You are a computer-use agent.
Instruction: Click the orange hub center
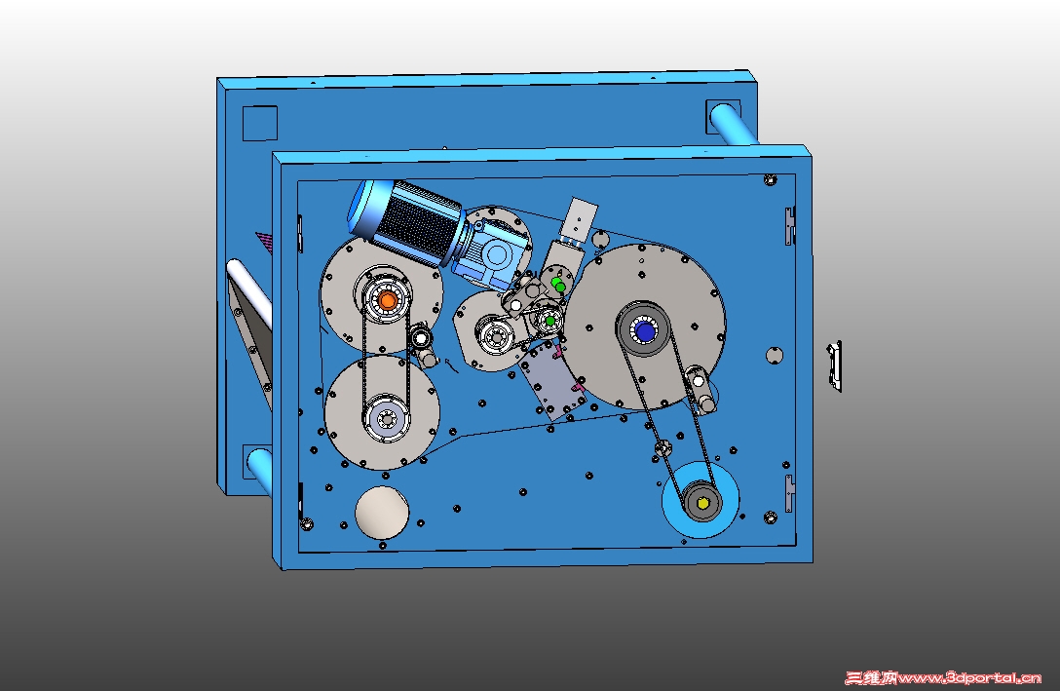[x=388, y=301]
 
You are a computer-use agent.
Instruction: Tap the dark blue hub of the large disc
[x=644, y=331]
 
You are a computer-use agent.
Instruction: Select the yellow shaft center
[x=703, y=504]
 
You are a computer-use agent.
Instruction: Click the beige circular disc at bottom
[x=382, y=513]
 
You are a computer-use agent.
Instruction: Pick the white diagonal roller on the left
[x=248, y=292]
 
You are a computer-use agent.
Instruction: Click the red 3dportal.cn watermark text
[x=943, y=676]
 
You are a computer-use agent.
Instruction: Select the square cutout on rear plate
[x=259, y=123]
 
